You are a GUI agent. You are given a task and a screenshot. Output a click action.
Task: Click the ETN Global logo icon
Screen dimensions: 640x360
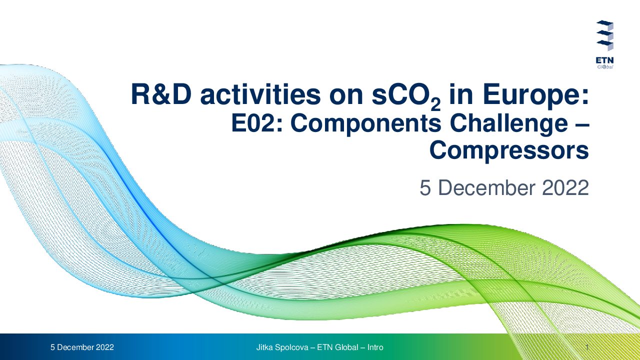(x=605, y=35)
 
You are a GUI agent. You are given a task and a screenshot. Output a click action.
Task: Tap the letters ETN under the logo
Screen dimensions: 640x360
(x=604, y=60)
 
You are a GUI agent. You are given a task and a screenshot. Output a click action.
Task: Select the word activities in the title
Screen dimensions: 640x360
(x=260, y=94)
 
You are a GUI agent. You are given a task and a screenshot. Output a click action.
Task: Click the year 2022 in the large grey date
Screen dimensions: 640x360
(x=565, y=187)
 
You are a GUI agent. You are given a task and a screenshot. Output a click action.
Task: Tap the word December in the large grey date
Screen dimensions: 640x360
(x=486, y=187)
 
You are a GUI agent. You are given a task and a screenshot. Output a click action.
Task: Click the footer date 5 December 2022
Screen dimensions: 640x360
(x=82, y=347)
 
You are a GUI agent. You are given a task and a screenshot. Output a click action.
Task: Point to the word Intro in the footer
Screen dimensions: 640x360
(x=375, y=347)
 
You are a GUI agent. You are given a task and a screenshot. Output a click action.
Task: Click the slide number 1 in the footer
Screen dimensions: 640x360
(x=587, y=347)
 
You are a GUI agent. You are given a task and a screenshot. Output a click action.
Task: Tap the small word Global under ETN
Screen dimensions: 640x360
(x=605, y=67)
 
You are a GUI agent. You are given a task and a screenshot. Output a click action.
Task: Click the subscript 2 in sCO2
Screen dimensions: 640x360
(x=435, y=105)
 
